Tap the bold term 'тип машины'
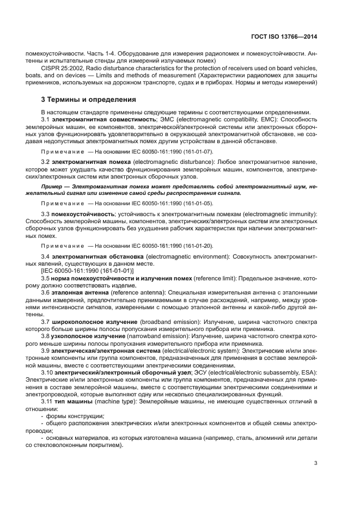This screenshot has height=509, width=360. pyautogui.click(x=71, y=401)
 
